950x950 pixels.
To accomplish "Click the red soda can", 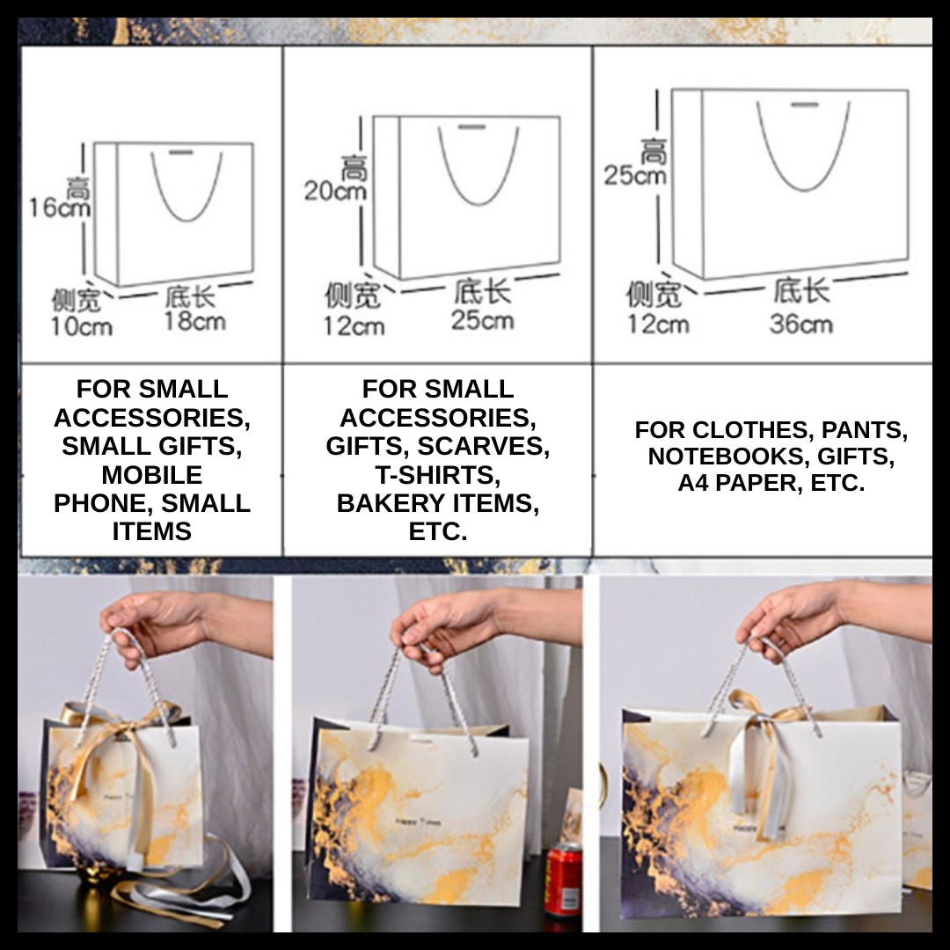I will click(x=562, y=879).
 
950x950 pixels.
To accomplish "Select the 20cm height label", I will click(x=334, y=190).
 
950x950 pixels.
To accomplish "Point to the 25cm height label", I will click(x=634, y=175).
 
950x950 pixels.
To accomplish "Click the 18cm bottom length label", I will click(x=194, y=322).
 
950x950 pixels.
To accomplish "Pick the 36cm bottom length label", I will click(x=800, y=324).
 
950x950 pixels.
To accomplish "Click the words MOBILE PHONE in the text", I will click(x=151, y=489).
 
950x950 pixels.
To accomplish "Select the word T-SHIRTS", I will click(x=437, y=475).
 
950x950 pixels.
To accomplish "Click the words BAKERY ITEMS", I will click(x=437, y=504).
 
